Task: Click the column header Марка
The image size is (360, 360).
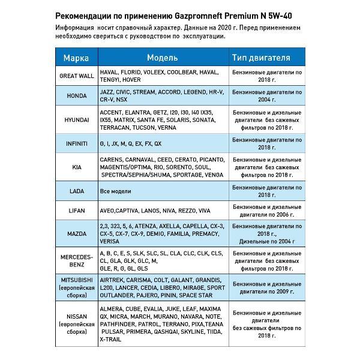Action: (x=76, y=58)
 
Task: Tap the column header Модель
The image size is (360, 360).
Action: (x=162, y=58)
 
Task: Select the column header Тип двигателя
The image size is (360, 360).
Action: (x=261, y=58)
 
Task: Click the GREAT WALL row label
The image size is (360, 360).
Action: (x=76, y=76)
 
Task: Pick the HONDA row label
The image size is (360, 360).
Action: (x=76, y=96)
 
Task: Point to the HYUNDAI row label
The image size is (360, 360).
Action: (x=76, y=120)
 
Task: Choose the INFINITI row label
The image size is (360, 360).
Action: (x=76, y=144)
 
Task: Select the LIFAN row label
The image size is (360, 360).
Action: (x=76, y=211)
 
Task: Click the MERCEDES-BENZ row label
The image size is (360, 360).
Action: (x=76, y=260)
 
